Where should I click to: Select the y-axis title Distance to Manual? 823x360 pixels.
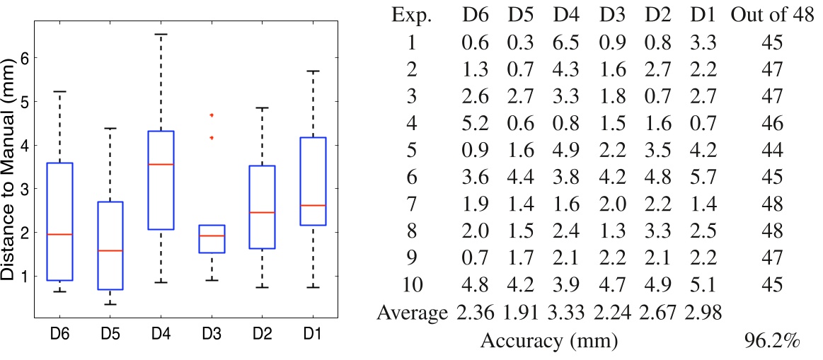12,168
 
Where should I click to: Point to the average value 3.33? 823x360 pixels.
565,312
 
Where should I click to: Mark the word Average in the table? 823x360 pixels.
413,312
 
